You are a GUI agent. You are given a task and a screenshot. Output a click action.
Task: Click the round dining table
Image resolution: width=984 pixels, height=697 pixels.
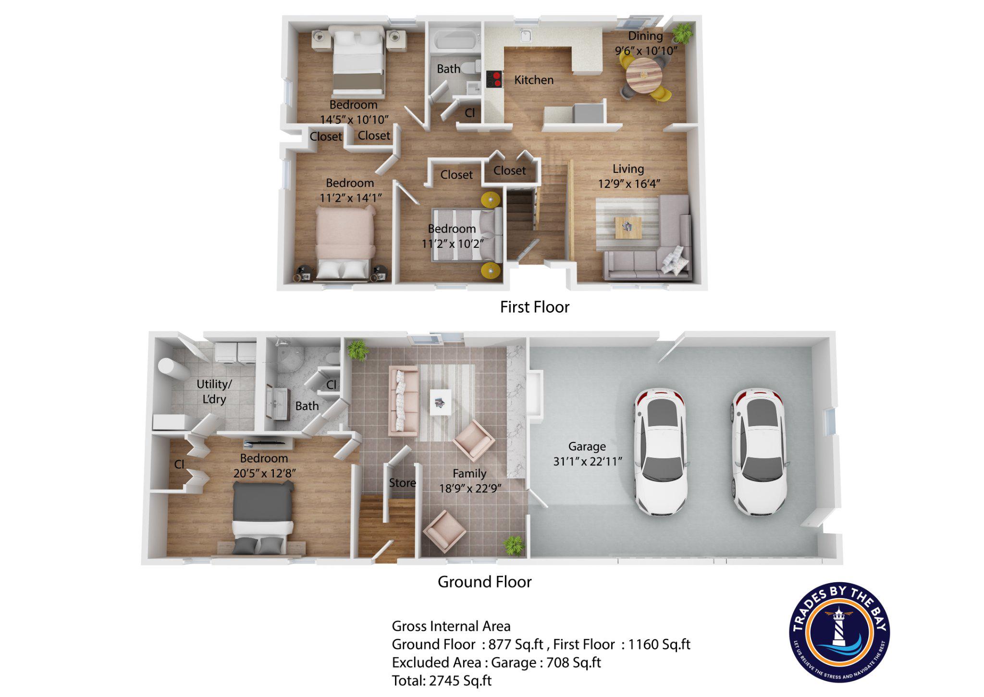643,75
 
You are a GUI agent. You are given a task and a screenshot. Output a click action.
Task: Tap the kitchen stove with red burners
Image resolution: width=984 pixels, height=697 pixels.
494,79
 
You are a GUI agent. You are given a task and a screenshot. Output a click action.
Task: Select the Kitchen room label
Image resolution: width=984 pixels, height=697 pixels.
533,80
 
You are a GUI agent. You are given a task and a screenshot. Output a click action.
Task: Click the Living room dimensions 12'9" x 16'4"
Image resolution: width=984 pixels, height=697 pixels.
629,184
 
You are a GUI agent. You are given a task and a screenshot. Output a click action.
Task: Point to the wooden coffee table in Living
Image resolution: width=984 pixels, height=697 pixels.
628,227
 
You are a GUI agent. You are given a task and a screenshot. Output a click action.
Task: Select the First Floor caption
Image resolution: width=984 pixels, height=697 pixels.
534,307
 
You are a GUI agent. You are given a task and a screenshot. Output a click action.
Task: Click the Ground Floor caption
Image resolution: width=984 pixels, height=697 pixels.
484,582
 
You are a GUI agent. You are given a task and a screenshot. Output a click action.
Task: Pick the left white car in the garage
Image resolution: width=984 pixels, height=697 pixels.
661,452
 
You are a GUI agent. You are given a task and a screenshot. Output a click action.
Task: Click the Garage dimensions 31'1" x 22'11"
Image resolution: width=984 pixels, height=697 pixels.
587,462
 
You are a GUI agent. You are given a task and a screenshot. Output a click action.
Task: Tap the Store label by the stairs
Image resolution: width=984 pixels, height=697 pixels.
402,483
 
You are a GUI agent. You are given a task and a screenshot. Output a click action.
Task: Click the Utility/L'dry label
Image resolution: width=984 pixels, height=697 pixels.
214,391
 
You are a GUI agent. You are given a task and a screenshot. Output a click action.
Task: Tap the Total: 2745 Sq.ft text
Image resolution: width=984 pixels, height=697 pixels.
442,681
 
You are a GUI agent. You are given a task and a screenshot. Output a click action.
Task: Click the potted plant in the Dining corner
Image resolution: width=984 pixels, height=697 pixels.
682,33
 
